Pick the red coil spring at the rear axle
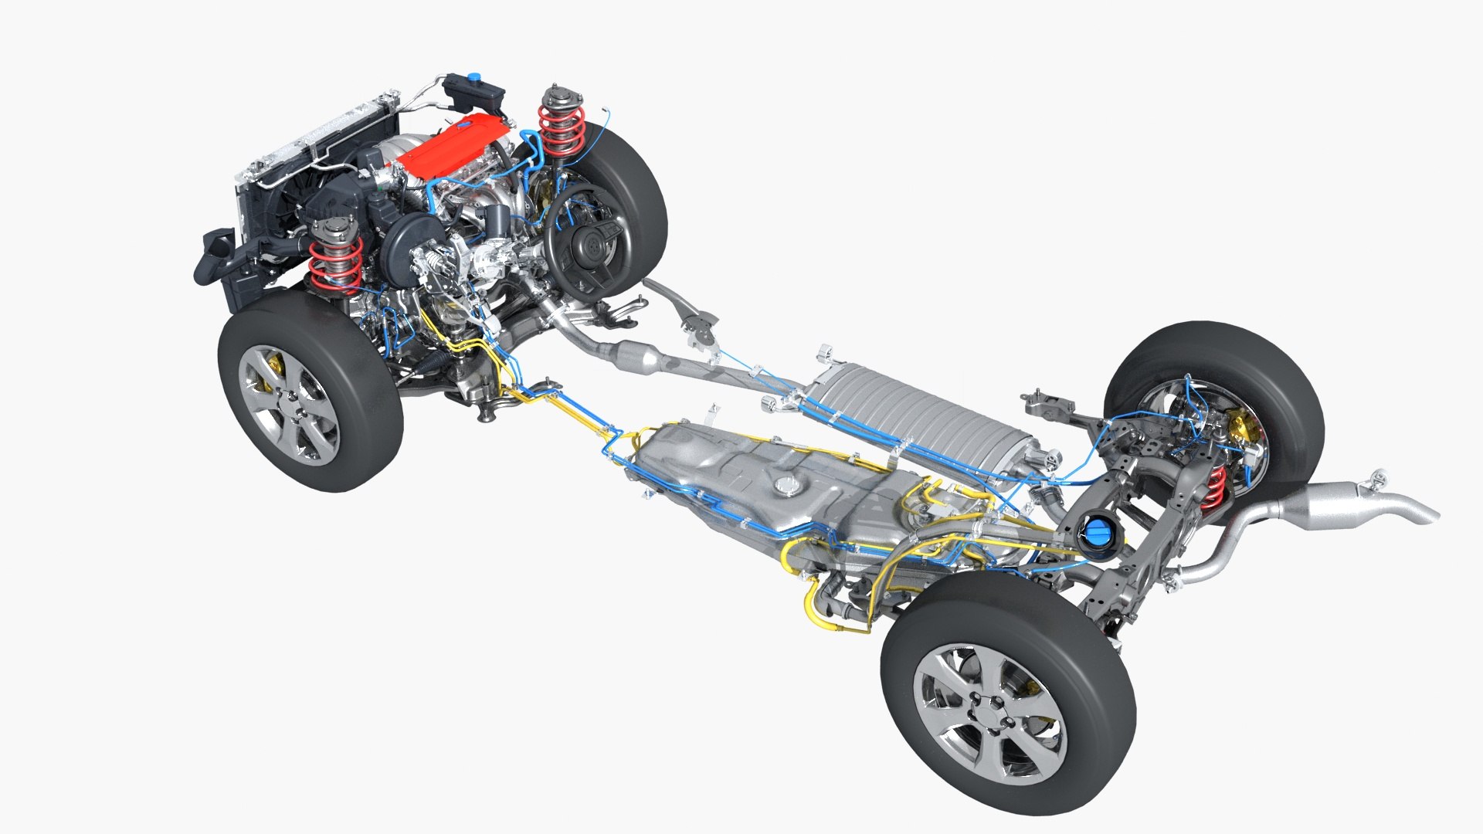point(1213,487)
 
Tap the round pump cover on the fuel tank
point(789,486)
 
